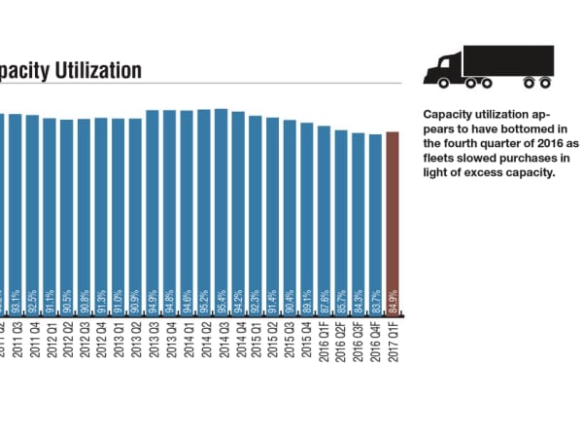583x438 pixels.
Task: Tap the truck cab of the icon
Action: point(442,69)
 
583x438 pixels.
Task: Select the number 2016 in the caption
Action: point(525,142)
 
